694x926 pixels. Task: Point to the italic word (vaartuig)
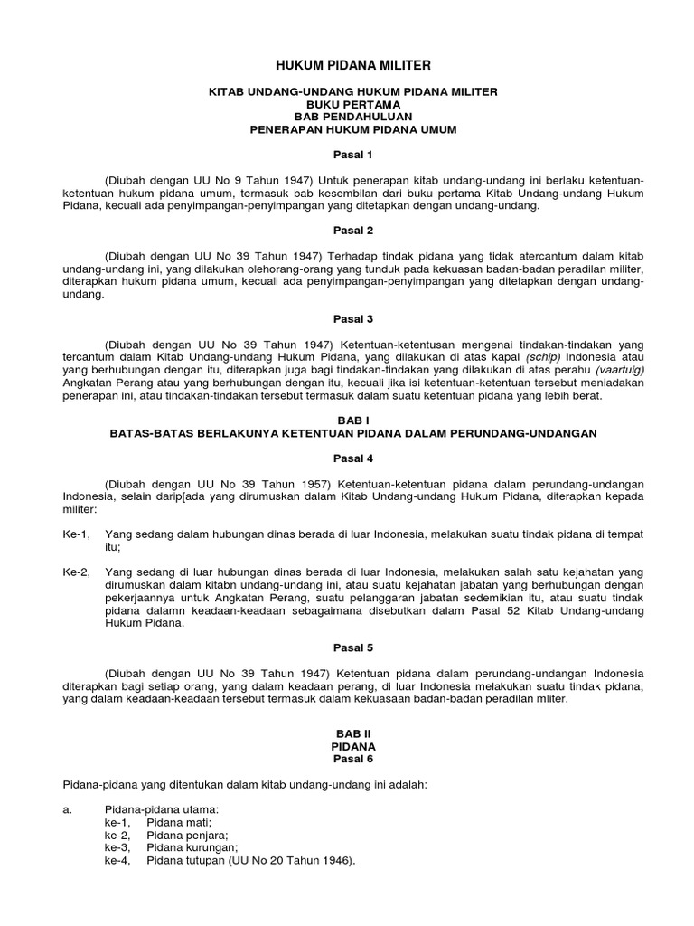tap(614, 370)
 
